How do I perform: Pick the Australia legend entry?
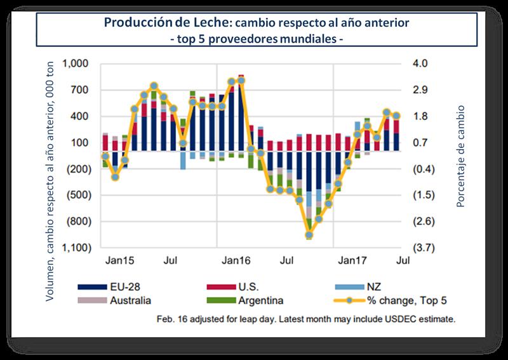124,300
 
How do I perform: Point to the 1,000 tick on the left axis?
79,64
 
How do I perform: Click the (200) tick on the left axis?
80,170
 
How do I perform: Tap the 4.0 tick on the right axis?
422,64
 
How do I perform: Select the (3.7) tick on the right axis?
423,248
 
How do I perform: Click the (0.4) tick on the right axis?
423,170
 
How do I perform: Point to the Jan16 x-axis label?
235,260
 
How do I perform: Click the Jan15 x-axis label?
118,260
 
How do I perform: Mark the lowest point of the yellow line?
309,235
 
